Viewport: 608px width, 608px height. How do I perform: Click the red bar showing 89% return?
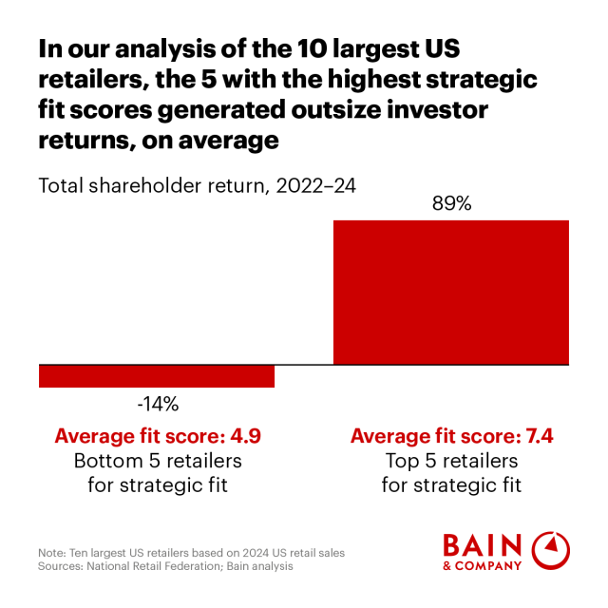451,292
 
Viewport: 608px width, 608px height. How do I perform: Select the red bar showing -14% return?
157,376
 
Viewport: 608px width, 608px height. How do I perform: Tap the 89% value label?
451,204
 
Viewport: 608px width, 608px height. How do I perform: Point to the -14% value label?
157,404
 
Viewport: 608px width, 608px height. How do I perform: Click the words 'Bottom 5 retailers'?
158,461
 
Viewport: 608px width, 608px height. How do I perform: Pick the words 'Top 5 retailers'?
451,461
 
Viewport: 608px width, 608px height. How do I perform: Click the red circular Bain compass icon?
550,551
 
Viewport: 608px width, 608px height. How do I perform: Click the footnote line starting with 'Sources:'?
166,566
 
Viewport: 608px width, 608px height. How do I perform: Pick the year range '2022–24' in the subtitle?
316,184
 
